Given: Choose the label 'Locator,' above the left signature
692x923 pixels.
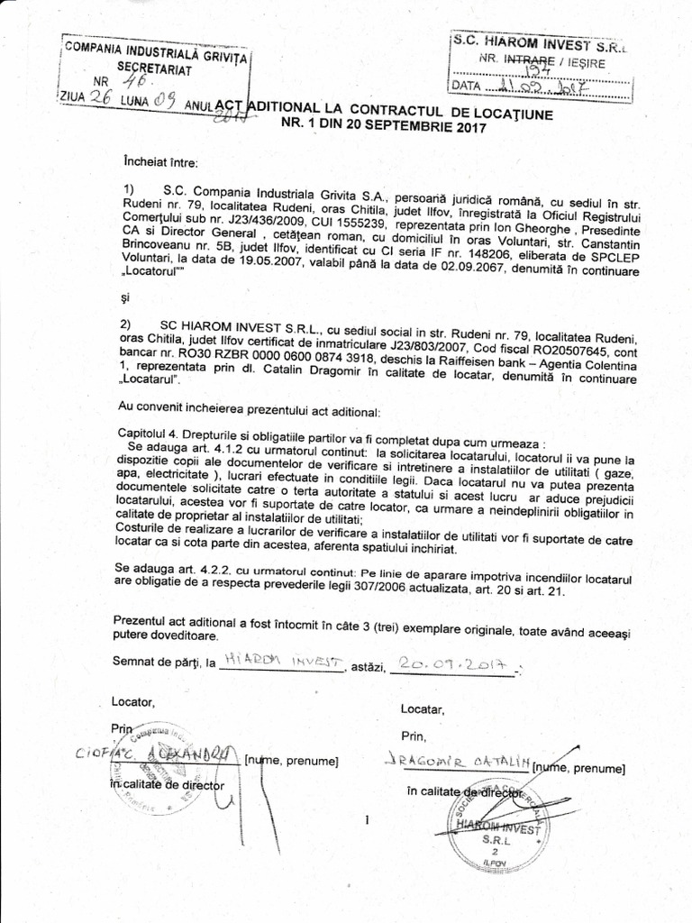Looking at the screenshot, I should [133, 701].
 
